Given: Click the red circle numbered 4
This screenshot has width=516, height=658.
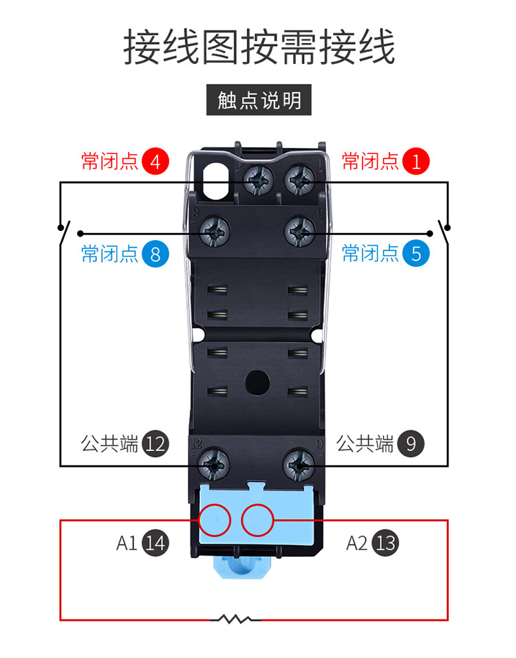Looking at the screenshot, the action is (155, 162).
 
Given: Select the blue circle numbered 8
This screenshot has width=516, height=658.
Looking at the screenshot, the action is (155, 254).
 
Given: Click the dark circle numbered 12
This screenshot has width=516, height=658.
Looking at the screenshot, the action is (155, 444).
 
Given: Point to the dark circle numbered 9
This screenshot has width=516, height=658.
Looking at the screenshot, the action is (411, 444).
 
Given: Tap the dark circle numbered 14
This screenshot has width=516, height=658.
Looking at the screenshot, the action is (155, 543).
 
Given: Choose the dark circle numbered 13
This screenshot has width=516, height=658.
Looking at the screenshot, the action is (385, 543).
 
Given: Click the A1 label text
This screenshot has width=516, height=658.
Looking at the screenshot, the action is (127, 543).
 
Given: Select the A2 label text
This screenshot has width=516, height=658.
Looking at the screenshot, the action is (356, 543).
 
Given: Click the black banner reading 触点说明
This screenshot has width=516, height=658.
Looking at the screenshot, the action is (259, 100).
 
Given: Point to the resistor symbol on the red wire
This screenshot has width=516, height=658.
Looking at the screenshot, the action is (235, 619).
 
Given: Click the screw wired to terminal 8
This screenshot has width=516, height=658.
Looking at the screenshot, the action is (213, 232).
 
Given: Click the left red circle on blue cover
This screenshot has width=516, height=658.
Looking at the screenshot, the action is (215, 520).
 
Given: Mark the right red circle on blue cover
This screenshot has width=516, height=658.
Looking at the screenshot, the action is (258, 520).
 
